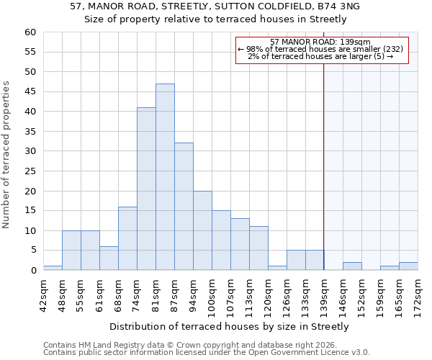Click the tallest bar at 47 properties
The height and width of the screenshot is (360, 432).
coord(165,177)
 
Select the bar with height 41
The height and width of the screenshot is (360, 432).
coord(146,189)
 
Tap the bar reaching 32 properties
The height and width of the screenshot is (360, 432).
coord(184,207)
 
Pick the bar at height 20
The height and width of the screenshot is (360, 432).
coord(202,230)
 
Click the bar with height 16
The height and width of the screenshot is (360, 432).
coord(127,238)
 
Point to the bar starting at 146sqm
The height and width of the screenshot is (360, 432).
coord(352,266)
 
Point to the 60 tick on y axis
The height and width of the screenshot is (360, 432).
coord(30,32)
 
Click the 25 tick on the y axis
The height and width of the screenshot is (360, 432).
coord(30,171)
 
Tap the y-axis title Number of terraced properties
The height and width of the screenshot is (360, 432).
coord(6,155)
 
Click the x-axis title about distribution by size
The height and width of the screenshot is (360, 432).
coord(230,326)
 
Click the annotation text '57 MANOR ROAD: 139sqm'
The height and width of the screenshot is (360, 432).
coord(320,42)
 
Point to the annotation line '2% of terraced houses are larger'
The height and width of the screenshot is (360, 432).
coord(320,56)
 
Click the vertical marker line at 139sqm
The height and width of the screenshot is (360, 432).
coord(324,166)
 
